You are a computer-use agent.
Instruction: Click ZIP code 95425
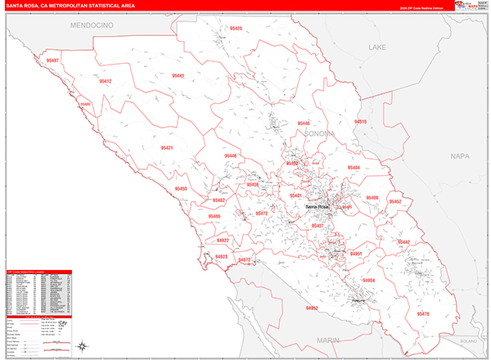(x=236, y=29)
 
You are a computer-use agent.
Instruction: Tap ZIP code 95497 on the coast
(x=53, y=61)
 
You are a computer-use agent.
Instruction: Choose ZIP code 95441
(x=178, y=75)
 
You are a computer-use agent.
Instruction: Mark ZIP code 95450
(x=181, y=189)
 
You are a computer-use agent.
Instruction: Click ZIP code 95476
(x=422, y=314)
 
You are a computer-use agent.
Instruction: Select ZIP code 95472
(x=261, y=214)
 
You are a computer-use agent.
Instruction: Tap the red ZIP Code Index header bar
(x=38, y=272)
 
